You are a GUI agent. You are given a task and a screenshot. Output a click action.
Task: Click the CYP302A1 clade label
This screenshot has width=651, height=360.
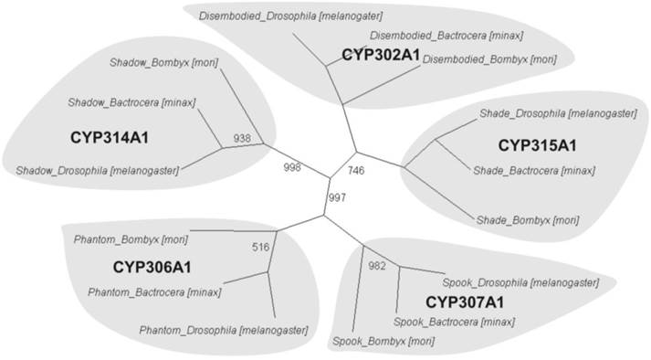tap(381, 55)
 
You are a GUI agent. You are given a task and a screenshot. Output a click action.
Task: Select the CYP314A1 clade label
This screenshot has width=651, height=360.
tap(110, 137)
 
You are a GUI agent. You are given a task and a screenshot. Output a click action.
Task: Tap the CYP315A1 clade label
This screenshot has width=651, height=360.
tap(537, 145)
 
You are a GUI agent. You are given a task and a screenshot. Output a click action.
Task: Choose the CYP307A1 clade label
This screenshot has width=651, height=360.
tap(466, 301)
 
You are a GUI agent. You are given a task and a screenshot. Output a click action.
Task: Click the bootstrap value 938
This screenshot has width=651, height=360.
tap(243, 138)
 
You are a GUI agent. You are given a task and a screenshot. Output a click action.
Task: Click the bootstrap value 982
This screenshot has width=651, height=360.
tap(377, 265)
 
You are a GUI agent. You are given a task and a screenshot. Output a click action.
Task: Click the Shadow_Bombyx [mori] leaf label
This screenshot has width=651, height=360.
tap(163, 62)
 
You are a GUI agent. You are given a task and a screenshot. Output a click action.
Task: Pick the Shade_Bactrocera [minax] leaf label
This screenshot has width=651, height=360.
tap(533, 170)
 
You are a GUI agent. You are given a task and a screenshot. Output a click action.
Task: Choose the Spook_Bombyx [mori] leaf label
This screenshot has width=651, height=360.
tap(383, 341)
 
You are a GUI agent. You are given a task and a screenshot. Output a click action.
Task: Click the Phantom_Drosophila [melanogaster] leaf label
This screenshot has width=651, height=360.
tap(223, 330)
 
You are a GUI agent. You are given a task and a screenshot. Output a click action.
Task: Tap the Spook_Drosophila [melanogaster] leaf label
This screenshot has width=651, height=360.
tap(520, 282)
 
